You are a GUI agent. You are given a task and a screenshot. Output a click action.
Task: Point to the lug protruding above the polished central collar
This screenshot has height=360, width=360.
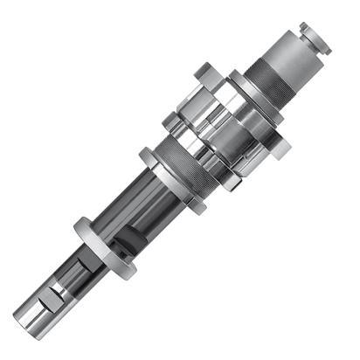(x=202, y=70)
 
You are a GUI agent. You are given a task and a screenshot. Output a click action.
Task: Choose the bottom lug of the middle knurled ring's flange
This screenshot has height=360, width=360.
(x=198, y=207)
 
